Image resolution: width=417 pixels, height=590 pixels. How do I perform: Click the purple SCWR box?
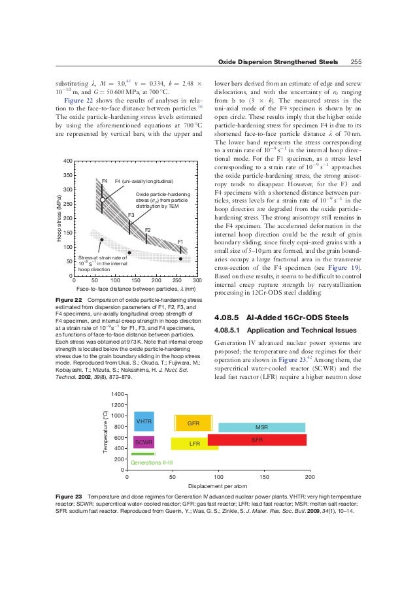(x=144, y=443)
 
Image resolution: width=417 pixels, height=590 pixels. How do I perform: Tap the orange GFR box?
(x=193, y=423)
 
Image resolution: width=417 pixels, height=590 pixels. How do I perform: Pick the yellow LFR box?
(x=194, y=444)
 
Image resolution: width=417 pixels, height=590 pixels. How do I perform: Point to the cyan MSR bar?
(x=261, y=427)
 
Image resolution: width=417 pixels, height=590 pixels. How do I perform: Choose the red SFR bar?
(x=257, y=440)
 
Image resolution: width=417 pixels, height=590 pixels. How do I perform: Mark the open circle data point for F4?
(x=103, y=200)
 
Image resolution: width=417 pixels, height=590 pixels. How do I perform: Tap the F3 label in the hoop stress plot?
(x=131, y=215)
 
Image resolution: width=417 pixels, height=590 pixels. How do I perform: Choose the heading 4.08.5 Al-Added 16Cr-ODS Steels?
(x=284, y=318)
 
